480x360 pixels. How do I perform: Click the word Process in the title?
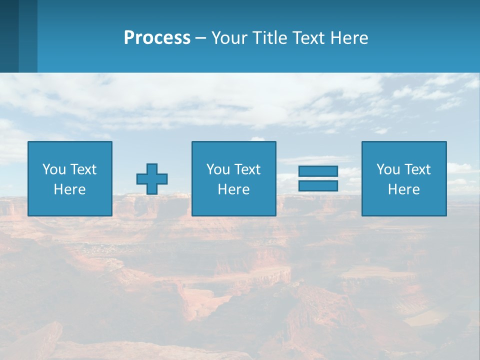[157, 38]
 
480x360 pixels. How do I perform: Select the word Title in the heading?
[270, 38]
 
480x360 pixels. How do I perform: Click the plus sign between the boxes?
[152, 179]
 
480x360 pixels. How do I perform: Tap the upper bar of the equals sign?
[318, 171]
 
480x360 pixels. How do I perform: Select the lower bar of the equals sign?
[318, 185]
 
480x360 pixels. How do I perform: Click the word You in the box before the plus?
[54, 169]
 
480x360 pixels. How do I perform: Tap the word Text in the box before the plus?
[83, 169]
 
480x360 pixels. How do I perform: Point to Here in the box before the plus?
[69, 189]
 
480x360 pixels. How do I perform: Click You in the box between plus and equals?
[218, 169]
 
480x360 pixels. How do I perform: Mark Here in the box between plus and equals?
[233, 189]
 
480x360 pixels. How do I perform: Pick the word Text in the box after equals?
[417, 169]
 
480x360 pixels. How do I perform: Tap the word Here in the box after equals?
[404, 189]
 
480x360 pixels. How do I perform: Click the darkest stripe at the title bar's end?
[9, 36]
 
